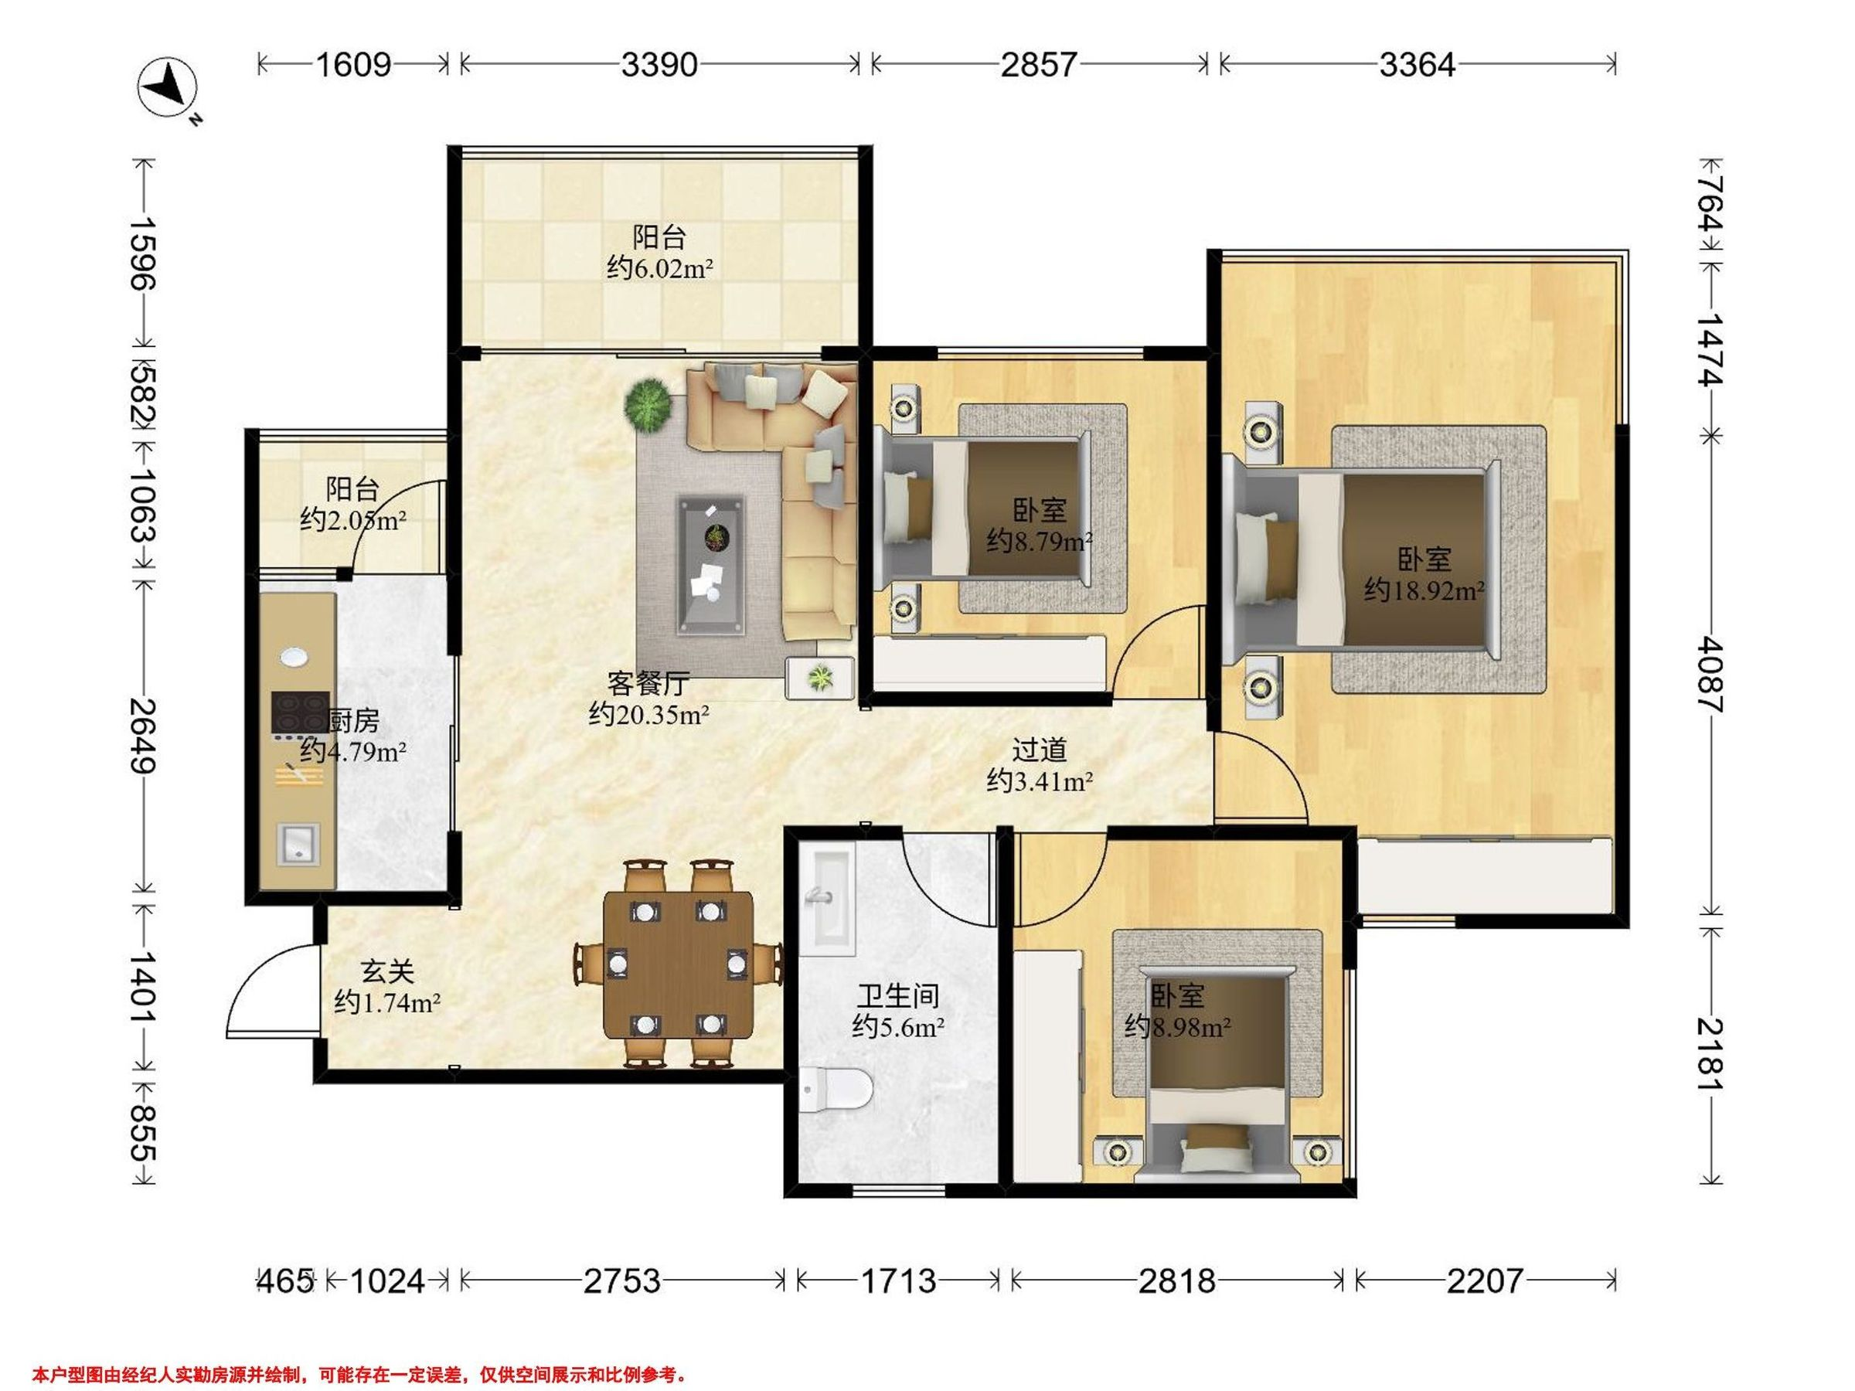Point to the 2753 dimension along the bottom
pos(622,1280)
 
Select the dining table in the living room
pos(679,964)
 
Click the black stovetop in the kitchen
pos(299,713)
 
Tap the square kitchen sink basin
pos(298,845)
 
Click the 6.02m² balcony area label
pos(660,268)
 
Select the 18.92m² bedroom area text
pos(1424,590)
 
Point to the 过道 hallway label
pos(1040,749)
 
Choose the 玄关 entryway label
pos(387,972)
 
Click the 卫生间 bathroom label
pos(898,996)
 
